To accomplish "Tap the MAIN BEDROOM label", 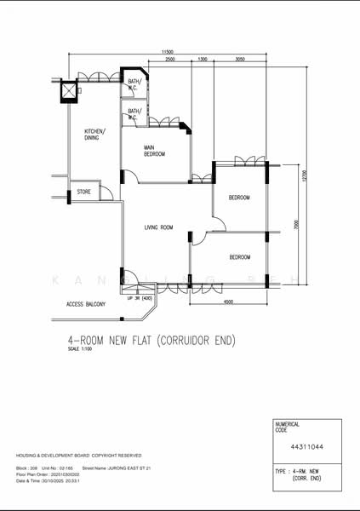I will click(154, 151).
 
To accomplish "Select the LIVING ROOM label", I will click(158, 227).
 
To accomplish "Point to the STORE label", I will click(84, 192).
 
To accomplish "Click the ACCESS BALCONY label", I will click(86, 304).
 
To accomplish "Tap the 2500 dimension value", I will click(170, 60).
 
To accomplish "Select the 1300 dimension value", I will click(202, 60).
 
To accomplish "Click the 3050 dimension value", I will click(240, 60).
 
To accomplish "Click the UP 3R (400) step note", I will click(139, 298).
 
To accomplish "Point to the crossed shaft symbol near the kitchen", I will click(67, 91).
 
